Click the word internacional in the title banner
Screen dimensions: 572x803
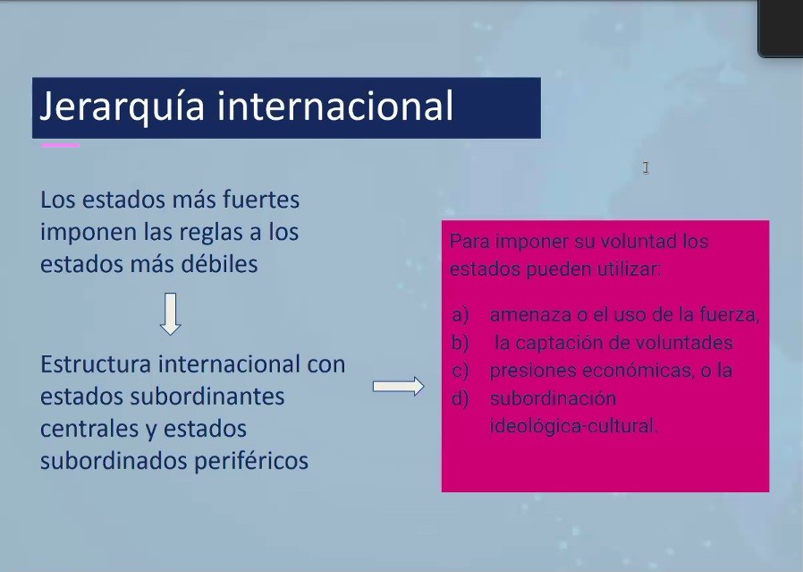coord(335,106)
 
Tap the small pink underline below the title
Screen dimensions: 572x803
coord(60,145)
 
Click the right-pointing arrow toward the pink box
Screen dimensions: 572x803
coord(398,386)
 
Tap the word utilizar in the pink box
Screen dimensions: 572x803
coord(627,269)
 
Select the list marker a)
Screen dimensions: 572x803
coord(461,315)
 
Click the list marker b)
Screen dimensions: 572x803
coord(461,343)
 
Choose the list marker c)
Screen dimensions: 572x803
coord(461,371)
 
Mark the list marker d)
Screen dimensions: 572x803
coord(461,398)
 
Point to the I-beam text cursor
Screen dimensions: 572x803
coord(646,167)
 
